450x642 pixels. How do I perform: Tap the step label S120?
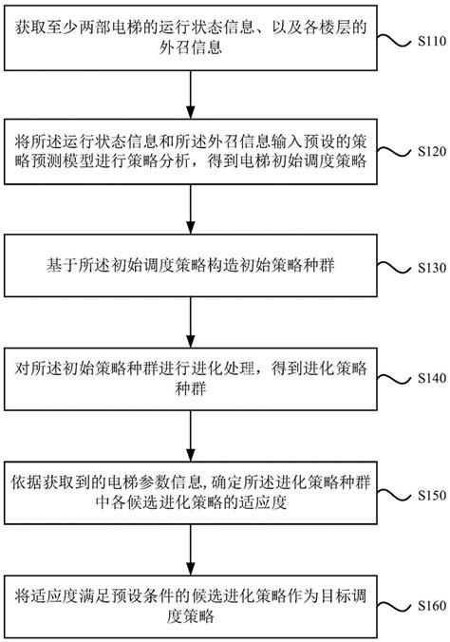coord(423,151)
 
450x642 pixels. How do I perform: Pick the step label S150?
coord(423,494)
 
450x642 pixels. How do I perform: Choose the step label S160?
coord(423,605)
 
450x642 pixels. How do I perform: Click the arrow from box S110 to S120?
coord(194,92)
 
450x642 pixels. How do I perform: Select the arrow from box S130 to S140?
coord(194,318)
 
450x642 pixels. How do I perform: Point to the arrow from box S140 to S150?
coord(194,432)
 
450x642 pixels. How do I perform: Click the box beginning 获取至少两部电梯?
coord(194,37)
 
